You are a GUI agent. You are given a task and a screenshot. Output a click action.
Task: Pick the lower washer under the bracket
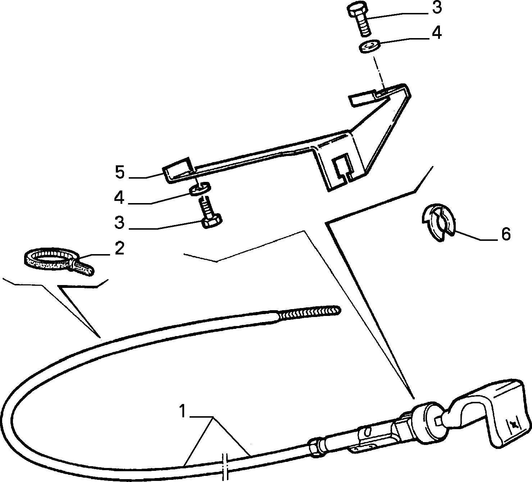click(200, 188)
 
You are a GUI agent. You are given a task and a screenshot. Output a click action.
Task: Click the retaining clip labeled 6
click(438, 222)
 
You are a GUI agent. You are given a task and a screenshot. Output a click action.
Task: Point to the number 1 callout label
click(182, 411)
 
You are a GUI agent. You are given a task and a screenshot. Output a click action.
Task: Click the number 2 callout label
click(119, 248)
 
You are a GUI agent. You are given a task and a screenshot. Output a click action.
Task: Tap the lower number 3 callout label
click(119, 222)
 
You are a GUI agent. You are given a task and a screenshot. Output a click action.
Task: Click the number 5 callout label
click(120, 172)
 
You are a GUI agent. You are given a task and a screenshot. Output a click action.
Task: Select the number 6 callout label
click(506, 234)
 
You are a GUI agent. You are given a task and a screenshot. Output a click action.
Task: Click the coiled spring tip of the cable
click(309, 312)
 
